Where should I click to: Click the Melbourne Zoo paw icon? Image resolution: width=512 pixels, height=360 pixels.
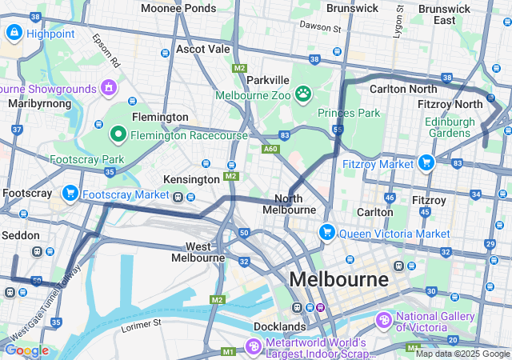coord(303,95)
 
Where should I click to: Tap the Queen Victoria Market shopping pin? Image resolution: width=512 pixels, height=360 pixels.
coord(326,233)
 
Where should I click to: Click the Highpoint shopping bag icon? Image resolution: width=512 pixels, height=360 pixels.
coord(14,33)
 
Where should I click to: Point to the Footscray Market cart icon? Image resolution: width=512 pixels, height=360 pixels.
coord(70,194)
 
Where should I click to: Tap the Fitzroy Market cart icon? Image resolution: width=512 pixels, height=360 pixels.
coord(426,163)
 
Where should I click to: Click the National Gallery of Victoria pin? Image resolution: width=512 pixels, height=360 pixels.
coord(384,320)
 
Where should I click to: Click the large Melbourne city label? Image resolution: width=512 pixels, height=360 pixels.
coord(338,280)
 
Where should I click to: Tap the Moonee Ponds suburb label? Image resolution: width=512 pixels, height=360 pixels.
coord(178,8)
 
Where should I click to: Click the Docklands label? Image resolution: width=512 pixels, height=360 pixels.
coord(279,326)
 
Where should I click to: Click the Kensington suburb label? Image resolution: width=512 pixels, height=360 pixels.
coord(190,179)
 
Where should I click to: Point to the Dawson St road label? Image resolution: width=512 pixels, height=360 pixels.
coord(320,27)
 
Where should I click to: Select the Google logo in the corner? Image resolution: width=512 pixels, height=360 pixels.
coord(26,350)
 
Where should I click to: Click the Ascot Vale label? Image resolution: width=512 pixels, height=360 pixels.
coord(202,49)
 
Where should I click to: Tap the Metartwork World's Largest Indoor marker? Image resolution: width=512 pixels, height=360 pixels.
coord(254,346)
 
